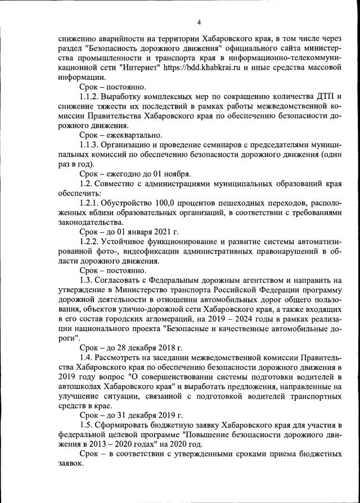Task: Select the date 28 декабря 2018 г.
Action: pyautogui.click(x=147, y=347)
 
